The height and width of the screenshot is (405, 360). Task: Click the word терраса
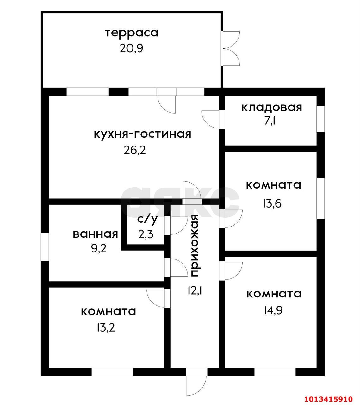tap(131, 33)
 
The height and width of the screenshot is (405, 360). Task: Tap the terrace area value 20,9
tap(131, 48)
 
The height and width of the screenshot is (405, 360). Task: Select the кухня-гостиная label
tap(143, 134)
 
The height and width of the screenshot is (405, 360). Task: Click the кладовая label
tap(272, 107)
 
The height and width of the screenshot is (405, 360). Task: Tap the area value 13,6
tap(271, 203)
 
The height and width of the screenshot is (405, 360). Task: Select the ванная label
tap(95, 234)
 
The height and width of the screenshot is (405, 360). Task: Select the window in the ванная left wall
tap(45, 247)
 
